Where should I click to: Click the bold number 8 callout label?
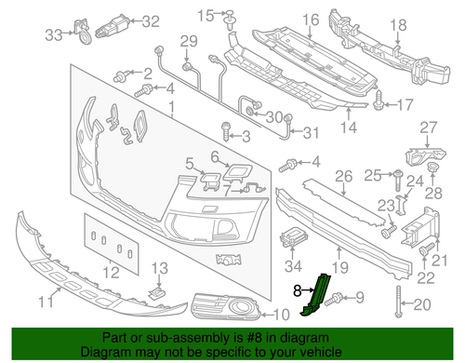(297, 289)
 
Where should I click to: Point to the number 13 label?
(159, 269)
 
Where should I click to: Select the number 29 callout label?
(190, 40)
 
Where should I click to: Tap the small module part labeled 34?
(294, 235)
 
